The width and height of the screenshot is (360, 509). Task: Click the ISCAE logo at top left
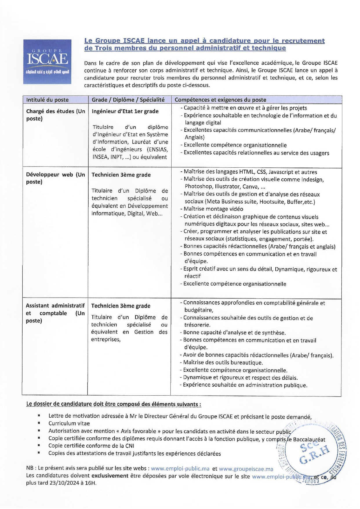pyautogui.click(x=47, y=61)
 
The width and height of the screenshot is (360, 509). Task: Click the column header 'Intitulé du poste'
pyautogui.click(x=47, y=100)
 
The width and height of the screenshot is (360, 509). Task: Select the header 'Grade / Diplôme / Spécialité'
pyautogui.click(x=128, y=100)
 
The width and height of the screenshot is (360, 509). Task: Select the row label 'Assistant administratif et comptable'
pyautogui.click(x=55, y=313)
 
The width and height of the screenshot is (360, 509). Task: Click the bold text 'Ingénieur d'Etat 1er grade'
pyautogui.click(x=125, y=111)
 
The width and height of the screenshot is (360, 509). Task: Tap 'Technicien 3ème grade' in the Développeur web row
pyautogui.click(x=121, y=175)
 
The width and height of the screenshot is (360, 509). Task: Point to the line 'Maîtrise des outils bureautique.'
pyautogui.click(x=223, y=363)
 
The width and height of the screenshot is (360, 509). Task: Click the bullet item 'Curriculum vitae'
pyautogui.click(x=69, y=423)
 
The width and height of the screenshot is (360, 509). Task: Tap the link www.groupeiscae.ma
pyautogui.click(x=246, y=469)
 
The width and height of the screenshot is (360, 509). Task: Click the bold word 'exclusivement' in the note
pyautogui.click(x=110, y=476)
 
